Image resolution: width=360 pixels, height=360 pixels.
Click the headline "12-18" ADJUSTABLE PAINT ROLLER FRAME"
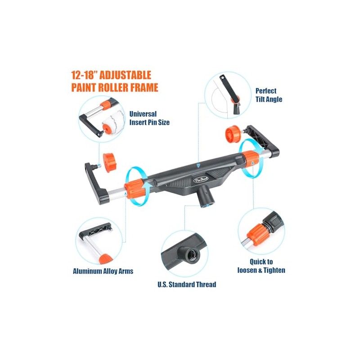pos(115,81)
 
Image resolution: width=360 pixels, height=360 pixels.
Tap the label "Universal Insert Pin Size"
pos(149,118)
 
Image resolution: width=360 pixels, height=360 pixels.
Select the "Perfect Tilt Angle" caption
pos(269,95)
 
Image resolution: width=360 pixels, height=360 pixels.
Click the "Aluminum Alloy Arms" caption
pos(103,271)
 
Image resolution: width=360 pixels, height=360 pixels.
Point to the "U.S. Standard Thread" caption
pos(187,284)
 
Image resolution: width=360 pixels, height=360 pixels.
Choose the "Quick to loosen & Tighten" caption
pos(261,266)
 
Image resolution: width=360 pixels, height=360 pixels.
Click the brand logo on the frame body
pos(200,180)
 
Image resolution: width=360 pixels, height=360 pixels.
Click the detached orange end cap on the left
pos(109,163)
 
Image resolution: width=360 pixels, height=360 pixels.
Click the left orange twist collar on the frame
pos(134,189)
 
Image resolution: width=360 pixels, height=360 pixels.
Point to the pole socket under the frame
pos(207,197)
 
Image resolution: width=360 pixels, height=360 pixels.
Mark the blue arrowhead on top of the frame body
pos(198,166)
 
